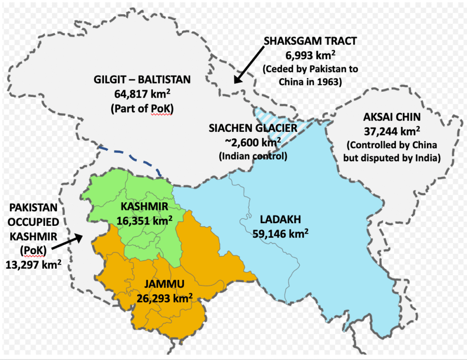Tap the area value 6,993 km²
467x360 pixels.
310,56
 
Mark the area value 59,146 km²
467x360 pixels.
280,234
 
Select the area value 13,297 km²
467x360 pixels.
33,265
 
